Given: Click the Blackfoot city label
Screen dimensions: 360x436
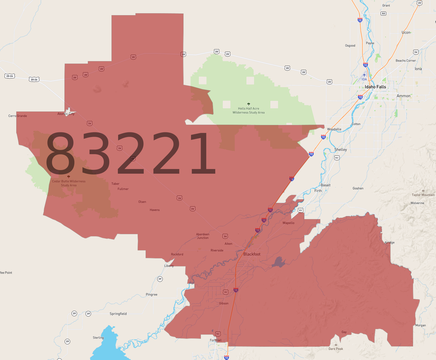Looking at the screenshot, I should (x=252, y=254).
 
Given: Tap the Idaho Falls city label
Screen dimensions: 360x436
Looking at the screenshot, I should (x=375, y=87).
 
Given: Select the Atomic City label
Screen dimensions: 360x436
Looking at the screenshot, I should (x=66, y=114).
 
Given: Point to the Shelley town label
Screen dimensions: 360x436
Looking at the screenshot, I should (x=340, y=149).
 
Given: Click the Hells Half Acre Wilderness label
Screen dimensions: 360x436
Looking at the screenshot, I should (x=249, y=110).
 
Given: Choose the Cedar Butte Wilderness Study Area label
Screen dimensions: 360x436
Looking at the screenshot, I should (x=69, y=183).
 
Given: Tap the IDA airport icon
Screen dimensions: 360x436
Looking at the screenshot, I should (x=364, y=75).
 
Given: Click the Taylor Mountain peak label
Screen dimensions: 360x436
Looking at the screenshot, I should (x=423, y=195).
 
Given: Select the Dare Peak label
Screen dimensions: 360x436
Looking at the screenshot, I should (x=336, y=349).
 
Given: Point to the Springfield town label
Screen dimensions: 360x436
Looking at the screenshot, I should (x=118, y=314).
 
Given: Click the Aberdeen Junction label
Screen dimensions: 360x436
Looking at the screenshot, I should (x=203, y=236).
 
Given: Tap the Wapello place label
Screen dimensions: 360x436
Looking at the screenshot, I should (x=288, y=223).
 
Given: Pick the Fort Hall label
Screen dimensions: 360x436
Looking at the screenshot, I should (x=216, y=340).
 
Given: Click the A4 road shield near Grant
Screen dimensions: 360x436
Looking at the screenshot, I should (x=383, y=13).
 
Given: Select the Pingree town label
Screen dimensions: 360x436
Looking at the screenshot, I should (x=151, y=294).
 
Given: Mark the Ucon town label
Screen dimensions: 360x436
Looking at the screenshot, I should (x=406, y=32).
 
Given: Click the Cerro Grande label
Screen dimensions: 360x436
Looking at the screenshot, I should (x=18, y=116).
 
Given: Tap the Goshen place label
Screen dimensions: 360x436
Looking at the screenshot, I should (x=358, y=188).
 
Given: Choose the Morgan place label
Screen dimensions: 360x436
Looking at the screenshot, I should (x=420, y=325).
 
